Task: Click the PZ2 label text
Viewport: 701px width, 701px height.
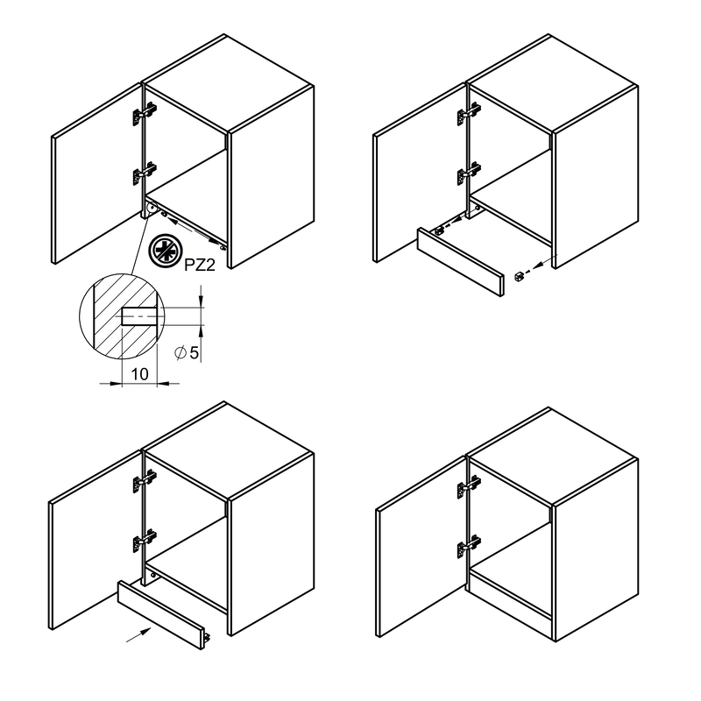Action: tap(200, 266)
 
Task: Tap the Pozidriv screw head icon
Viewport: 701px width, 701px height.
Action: tap(165, 251)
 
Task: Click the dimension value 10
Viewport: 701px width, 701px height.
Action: tap(139, 374)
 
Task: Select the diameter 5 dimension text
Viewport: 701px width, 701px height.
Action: tap(187, 353)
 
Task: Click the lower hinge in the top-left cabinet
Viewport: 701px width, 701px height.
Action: tap(145, 173)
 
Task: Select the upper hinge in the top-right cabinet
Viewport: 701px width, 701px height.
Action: tap(469, 114)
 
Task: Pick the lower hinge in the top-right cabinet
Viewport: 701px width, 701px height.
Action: tap(469, 173)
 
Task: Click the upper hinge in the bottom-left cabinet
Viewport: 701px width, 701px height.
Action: tap(145, 481)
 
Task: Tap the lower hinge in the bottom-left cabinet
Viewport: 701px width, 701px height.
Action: tap(145, 541)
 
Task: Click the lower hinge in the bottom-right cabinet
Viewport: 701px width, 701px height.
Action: tap(469, 546)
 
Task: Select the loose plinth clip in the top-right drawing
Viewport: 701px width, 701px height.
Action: tap(519, 276)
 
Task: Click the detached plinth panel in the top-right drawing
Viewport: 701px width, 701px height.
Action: tap(461, 262)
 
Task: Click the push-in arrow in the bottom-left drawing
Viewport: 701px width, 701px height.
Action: tap(138, 634)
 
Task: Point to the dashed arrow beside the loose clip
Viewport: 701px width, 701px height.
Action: tap(541, 264)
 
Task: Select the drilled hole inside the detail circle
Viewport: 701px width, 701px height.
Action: tap(139, 316)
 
